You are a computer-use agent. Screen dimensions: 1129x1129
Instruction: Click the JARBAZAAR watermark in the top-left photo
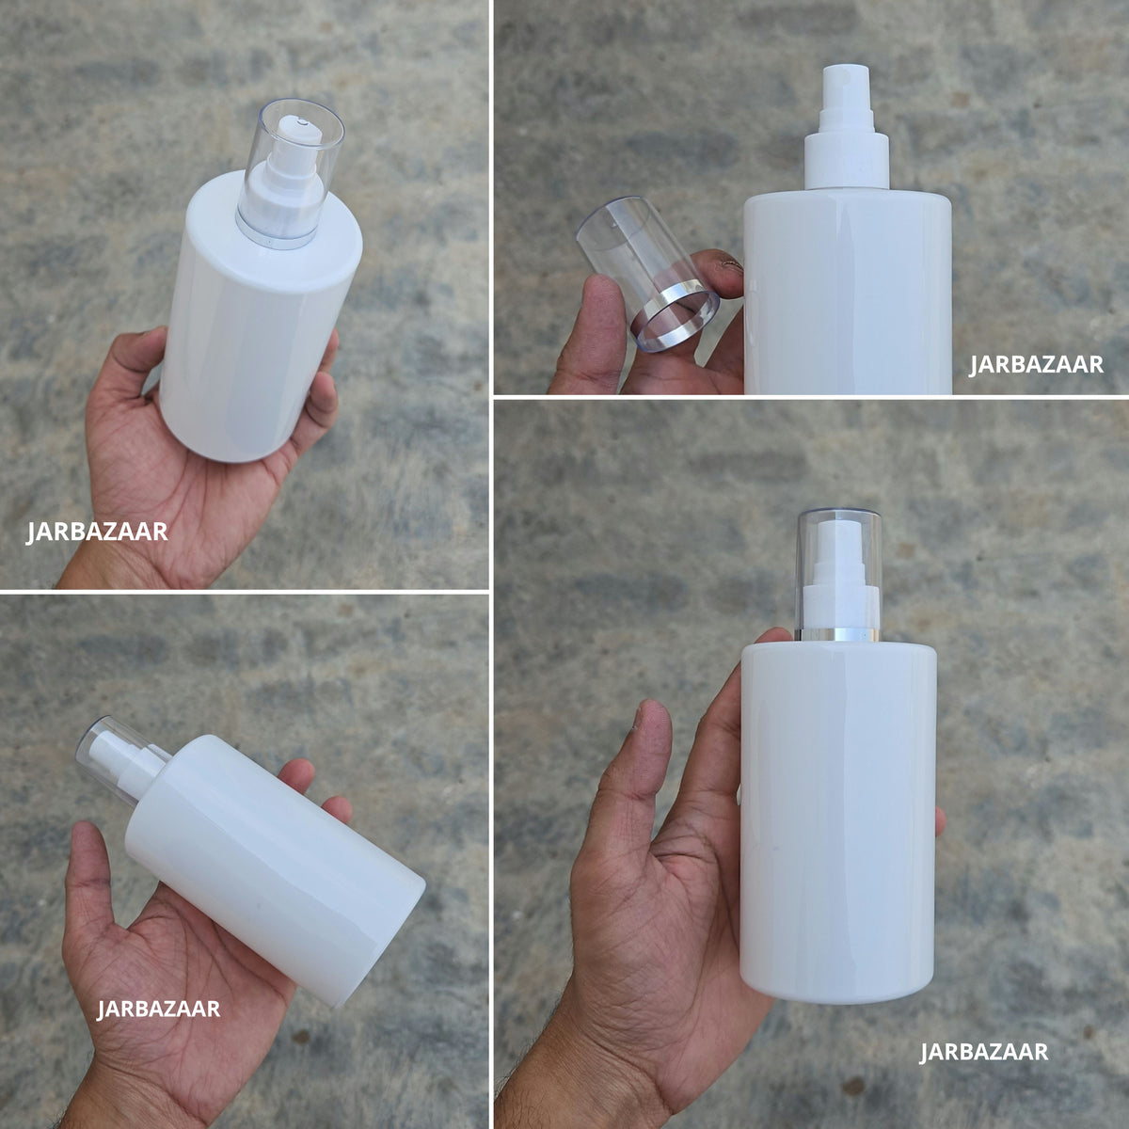tap(97, 532)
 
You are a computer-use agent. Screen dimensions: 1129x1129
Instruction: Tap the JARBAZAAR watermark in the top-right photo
tap(1036, 364)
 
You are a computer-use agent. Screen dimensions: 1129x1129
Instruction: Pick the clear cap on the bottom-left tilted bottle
tap(119, 757)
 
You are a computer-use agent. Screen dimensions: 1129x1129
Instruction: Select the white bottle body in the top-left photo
tap(262, 319)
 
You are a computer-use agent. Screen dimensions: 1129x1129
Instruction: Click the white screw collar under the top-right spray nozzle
tap(847, 161)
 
